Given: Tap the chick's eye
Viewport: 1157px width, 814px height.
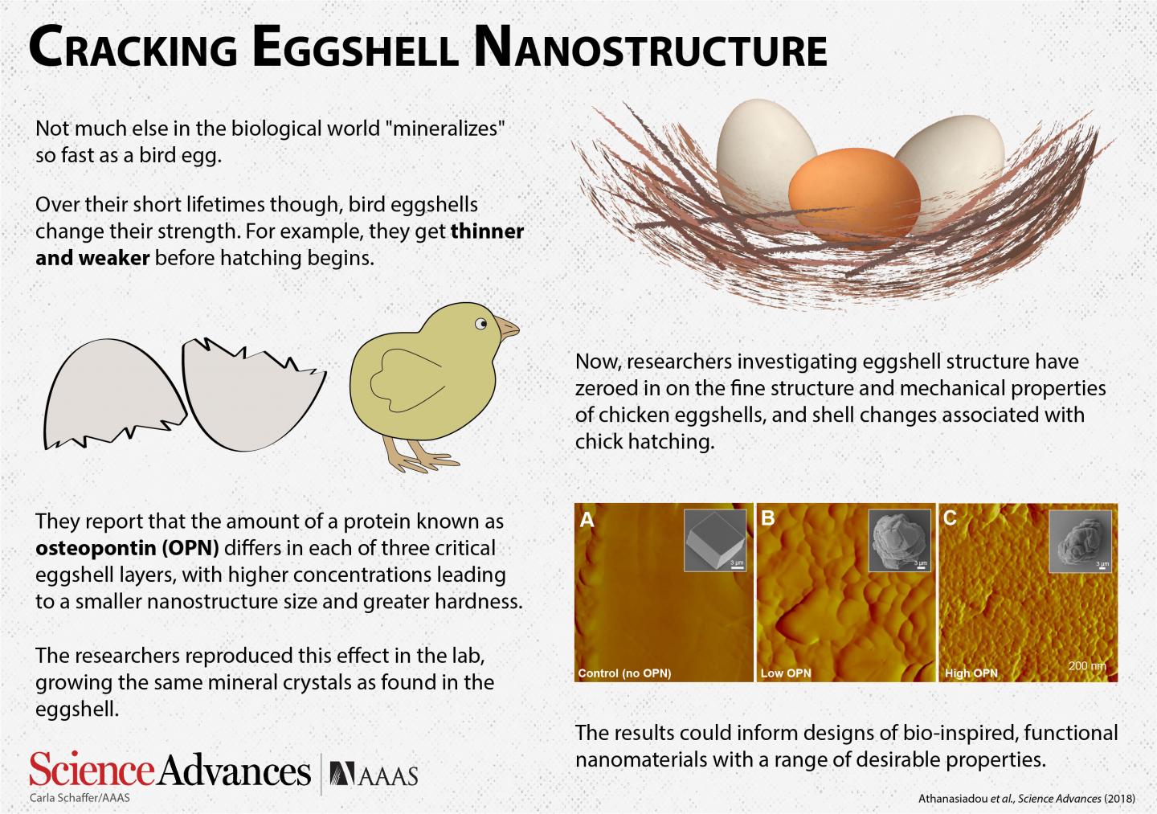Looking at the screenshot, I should pos(480,324).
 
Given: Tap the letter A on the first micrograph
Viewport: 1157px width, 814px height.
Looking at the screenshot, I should pos(587,520).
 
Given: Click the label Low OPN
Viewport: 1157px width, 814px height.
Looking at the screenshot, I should pos(786,673).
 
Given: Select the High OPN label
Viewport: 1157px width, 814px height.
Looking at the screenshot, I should pos(971,673).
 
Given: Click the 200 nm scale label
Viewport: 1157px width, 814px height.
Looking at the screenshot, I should pos(1087,666).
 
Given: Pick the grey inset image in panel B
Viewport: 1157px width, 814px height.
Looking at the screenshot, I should pos(901,541).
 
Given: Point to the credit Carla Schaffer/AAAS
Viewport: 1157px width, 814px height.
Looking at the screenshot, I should pos(80,798).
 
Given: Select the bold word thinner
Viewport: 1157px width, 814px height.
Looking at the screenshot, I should pos(487,232).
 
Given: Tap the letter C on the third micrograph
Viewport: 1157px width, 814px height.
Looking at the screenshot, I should pos(950,518).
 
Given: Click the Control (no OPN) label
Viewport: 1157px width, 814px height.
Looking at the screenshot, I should pos(624,673).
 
